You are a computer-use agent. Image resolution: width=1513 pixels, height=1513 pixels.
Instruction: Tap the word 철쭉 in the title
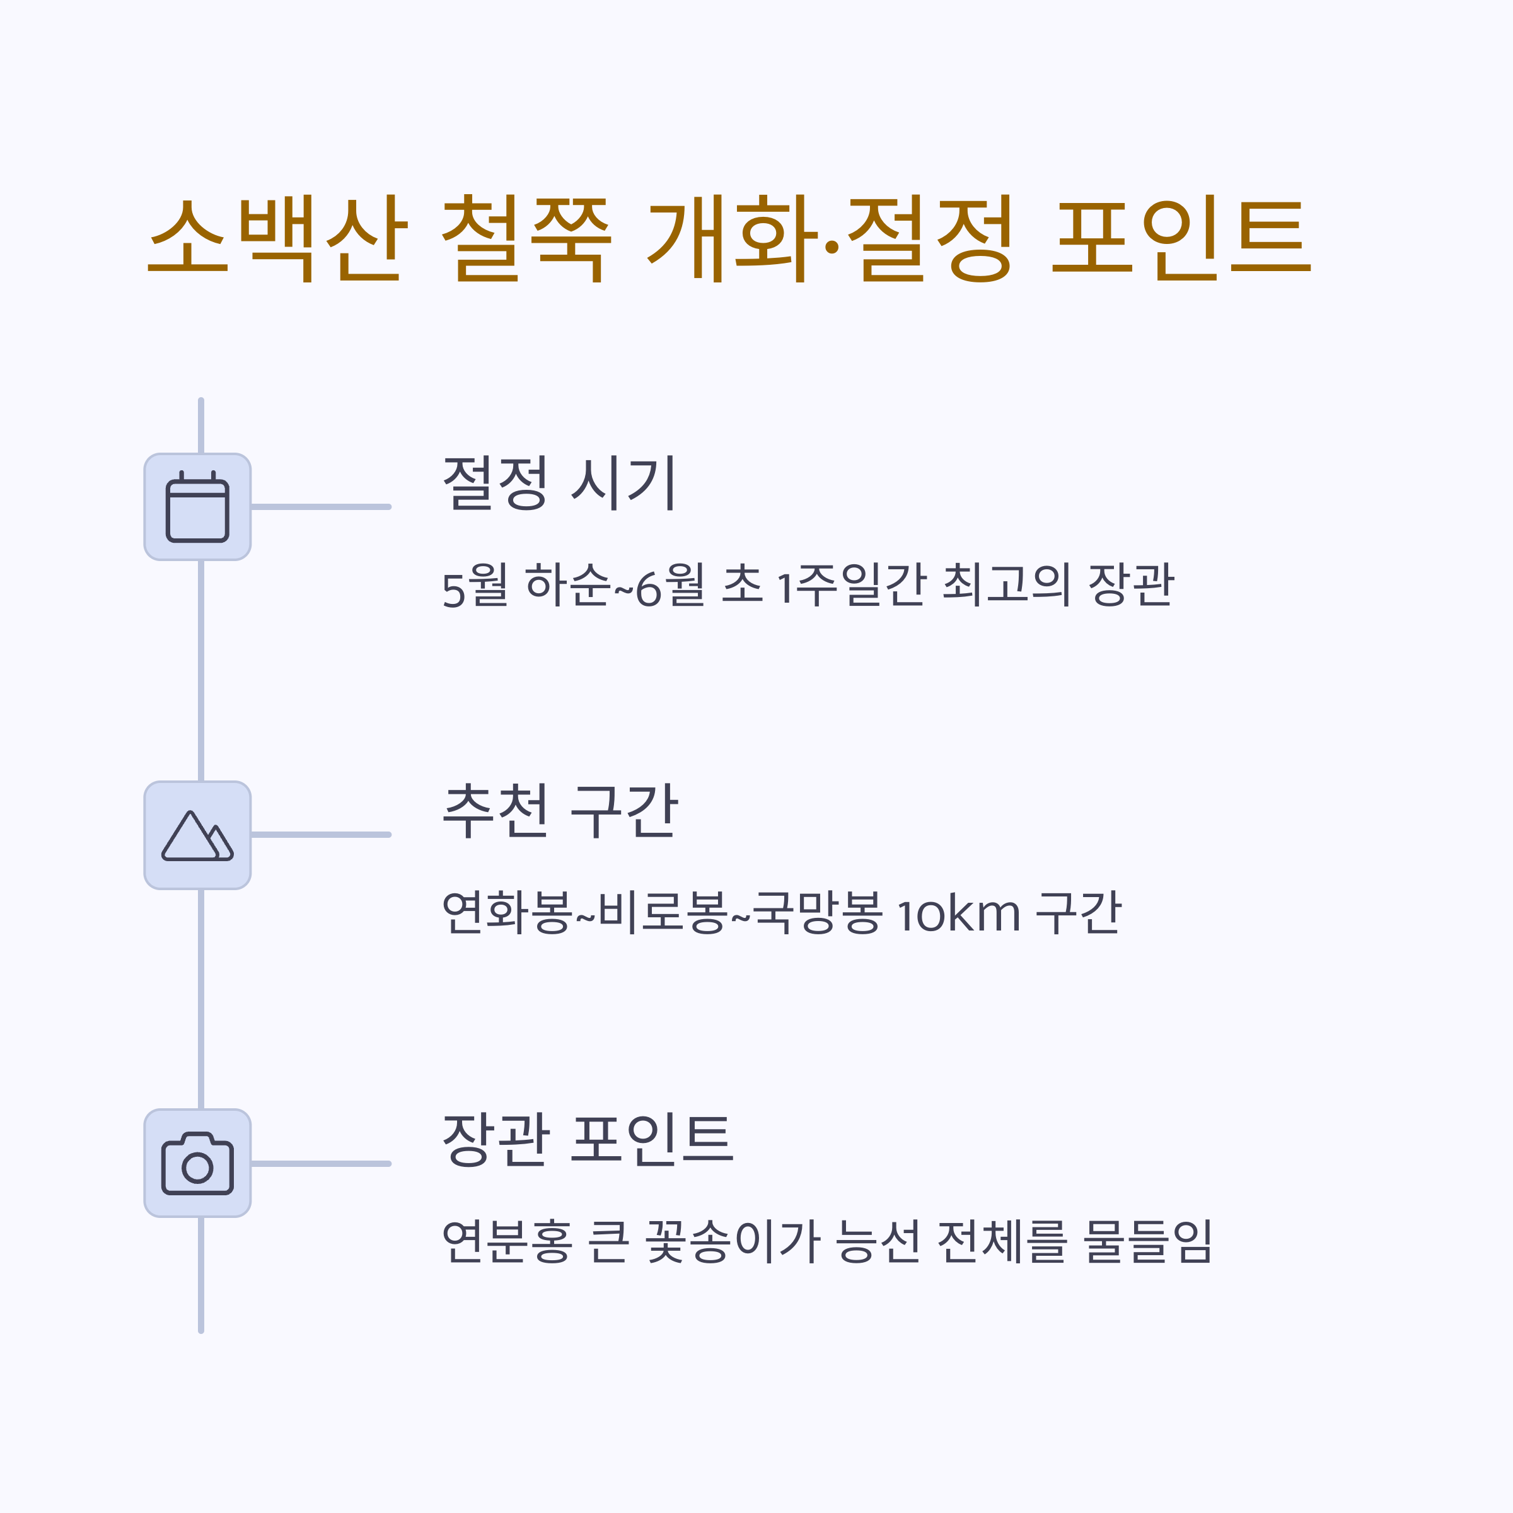tap(526, 238)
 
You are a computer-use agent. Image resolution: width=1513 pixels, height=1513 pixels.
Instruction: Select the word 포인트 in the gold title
tap(1180, 238)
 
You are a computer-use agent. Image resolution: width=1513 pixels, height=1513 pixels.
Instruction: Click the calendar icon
tap(197, 507)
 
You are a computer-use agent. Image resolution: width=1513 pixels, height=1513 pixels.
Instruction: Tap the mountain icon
tap(197, 835)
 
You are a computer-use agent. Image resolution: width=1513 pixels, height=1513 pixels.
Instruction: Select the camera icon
tap(197, 1164)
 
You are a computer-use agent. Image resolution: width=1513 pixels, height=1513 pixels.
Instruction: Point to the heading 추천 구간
tap(559, 811)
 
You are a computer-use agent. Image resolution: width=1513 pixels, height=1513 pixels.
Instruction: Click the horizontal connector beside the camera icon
tap(320, 1164)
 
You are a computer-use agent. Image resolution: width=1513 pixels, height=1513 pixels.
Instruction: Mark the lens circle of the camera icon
tap(197, 1168)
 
